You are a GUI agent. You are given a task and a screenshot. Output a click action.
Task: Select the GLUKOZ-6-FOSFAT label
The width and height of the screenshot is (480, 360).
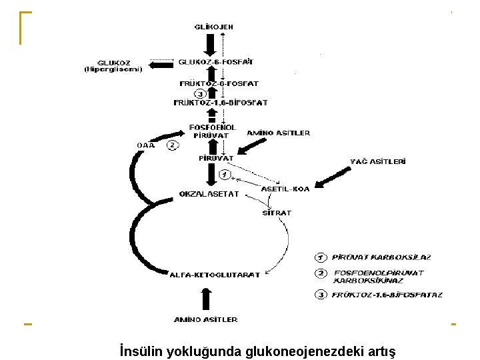point(215,62)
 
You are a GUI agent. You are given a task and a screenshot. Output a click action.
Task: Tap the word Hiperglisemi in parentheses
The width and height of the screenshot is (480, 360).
point(113,69)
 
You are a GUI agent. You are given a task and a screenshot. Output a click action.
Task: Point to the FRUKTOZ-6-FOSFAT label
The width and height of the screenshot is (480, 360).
point(219,83)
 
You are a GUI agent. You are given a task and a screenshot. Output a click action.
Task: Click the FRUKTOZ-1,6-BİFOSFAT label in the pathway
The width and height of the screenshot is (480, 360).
point(220,103)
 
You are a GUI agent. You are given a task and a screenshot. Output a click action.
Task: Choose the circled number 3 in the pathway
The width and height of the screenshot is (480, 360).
point(199,93)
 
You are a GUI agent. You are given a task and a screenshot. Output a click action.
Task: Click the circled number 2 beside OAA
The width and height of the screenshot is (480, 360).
point(173,145)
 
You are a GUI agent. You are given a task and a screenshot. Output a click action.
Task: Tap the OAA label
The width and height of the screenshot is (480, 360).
point(145,145)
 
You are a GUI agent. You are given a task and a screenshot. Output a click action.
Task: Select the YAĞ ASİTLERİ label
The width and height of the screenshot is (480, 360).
point(379,161)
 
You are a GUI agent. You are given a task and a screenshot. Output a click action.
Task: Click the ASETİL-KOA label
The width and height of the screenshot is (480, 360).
point(285,189)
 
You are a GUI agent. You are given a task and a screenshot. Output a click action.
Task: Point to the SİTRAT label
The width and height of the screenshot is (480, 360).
point(276,213)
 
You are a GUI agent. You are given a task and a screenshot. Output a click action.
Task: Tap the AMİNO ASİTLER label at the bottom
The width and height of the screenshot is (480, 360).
point(205,319)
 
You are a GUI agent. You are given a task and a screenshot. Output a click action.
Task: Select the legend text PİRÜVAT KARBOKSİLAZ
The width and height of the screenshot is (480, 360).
point(381,257)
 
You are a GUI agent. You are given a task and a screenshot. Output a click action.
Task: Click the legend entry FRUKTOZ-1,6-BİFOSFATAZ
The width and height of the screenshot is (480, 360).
point(387,294)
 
